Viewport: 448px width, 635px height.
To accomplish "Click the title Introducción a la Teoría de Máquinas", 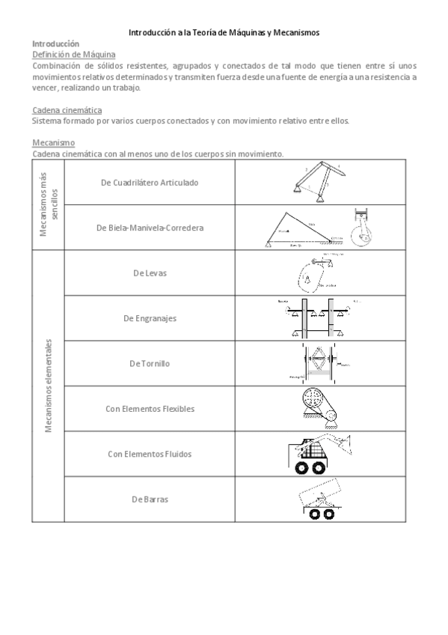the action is pyautogui.click(x=224, y=33).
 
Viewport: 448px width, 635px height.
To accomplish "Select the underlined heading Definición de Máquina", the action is pyautogui.click(x=75, y=55).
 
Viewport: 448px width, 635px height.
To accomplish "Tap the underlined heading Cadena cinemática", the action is pyautogui.click(x=68, y=110).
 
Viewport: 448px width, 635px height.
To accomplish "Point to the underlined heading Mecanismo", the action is pyautogui.click(x=53, y=142).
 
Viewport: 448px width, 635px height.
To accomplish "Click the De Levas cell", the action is pyautogui.click(x=150, y=273).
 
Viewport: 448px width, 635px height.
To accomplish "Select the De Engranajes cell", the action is pyautogui.click(x=150, y=318).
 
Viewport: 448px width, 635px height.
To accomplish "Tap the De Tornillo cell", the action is pyautogui.click(x=150, y=363).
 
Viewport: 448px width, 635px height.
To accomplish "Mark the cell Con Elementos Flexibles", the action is pyautogui.click(x=150, y=409).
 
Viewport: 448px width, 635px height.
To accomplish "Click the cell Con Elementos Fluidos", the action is pyautogui.click(x=150, y=454).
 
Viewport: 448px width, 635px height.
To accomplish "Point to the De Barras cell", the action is pyautogui.click(x=150, y=499).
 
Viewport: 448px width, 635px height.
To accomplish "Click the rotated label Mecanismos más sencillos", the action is pyautogui.click(x=48, y=204).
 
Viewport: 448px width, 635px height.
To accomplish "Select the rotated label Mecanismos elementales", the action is pyautogui.click(x=48, y=386).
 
